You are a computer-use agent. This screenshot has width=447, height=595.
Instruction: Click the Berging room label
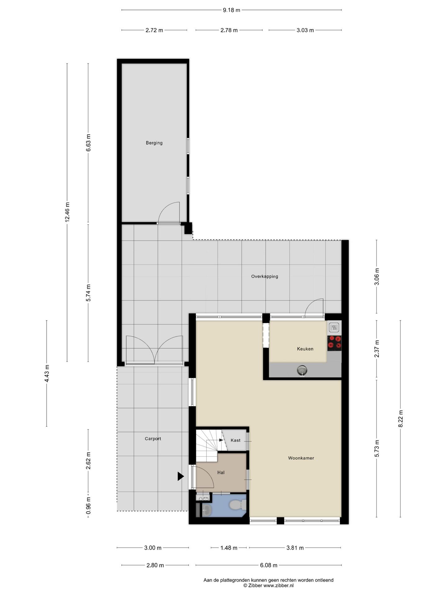[154, 143]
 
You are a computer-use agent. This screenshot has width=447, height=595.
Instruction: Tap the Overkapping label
[264, 276]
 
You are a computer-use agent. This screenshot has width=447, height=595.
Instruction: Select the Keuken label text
[305, 349]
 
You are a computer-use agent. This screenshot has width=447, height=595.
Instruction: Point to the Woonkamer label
[301, 458]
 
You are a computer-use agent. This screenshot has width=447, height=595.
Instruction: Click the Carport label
[153, 439]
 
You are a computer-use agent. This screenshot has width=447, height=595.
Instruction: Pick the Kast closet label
[236, 440]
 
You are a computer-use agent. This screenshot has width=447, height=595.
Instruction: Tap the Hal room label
[221, 472]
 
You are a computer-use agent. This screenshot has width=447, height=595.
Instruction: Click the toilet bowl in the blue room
[237, 505]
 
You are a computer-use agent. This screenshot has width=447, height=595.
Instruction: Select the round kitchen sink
[302, 370]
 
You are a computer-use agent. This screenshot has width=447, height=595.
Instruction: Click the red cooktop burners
[334, 342]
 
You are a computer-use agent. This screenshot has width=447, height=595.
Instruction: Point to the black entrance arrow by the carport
[181, 476]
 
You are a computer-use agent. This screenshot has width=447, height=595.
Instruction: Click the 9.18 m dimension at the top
[232, 10]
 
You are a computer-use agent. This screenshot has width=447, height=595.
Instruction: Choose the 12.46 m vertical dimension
[67, 212]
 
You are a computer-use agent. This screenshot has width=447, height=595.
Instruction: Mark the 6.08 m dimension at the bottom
[269, 565]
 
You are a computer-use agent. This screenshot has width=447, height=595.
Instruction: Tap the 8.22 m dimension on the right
[400, 419]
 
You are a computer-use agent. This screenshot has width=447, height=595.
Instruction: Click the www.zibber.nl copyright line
[269, 585]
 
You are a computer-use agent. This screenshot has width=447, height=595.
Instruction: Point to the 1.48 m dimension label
[229, 548]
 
